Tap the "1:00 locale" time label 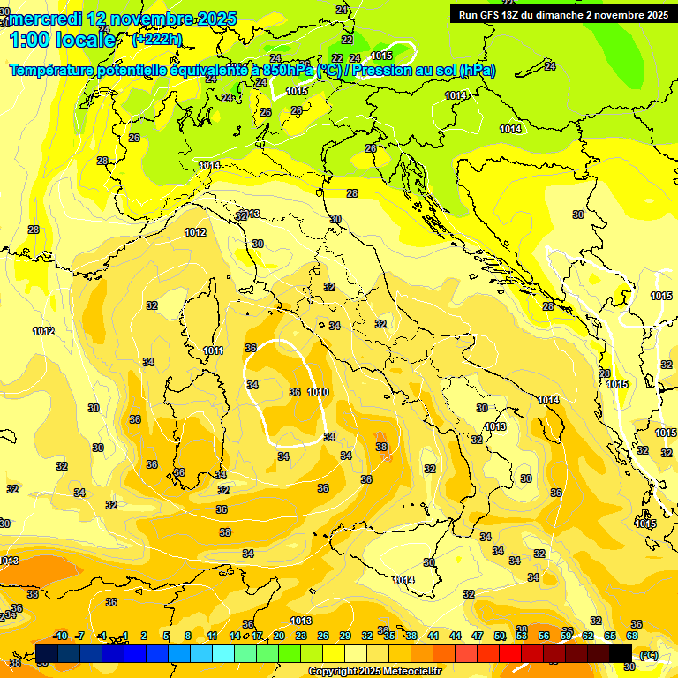coord(62,40)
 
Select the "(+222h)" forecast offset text coord(156,39)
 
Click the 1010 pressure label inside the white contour coord(319,392)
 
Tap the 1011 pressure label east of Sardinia coord(213,350)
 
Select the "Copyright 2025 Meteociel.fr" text coord(374,671)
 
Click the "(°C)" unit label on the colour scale coord(648,654)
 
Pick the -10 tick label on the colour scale coord(60,636)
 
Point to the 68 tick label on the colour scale coord(632,636)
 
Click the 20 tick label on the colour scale coord(278,636)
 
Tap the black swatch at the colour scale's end coord(621,653)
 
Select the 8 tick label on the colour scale coord(188,636)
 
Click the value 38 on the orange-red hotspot coord(381,447)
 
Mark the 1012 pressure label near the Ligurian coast coord(195,232)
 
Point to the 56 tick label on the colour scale coord(544,636)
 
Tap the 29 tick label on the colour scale coord(345,636)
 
